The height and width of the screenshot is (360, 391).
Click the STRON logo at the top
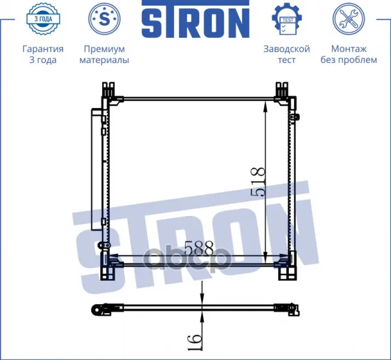tap(195, 19)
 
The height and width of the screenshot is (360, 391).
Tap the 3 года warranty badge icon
tap(43, 18)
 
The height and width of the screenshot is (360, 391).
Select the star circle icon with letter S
tap(104, 19)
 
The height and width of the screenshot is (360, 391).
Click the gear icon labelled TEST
tap(287, 19)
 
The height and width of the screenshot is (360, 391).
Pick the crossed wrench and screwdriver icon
tap(348, 19)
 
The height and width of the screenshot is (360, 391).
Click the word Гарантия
tap(43, 49)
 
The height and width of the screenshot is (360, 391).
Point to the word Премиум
tap(104, 49)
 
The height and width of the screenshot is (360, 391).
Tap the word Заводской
tap(287, 49)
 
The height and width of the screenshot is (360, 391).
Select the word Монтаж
tap(348, 49)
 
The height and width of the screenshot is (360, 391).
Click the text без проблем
tap(348, 60)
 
